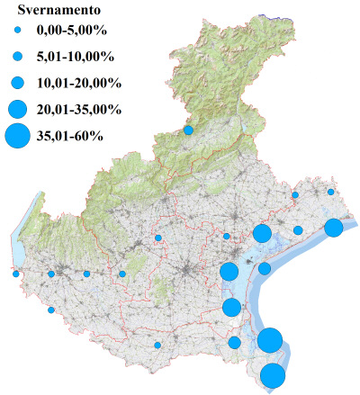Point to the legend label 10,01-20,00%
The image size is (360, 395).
pos(78,83)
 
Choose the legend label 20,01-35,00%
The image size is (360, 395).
pos(78,110)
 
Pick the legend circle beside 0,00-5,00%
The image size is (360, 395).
pos(18,31)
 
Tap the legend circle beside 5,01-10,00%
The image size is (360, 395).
pos(18,57)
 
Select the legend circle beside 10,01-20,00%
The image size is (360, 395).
pos(18,83)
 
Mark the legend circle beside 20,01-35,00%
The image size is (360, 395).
pos(18,110)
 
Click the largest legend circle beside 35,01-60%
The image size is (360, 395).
pos(18,137)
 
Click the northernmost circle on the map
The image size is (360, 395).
pos(188,130)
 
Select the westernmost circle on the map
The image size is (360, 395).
pos(15,274)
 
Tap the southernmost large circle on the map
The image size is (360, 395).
pos(273,375)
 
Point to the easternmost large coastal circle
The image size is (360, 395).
pos(333,228)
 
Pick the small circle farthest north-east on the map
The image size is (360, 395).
pos(331,192)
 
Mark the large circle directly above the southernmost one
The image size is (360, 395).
pos(270,340)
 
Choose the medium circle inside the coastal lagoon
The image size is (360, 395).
pos(265,268)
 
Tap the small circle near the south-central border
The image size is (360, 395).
pos(157,345)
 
